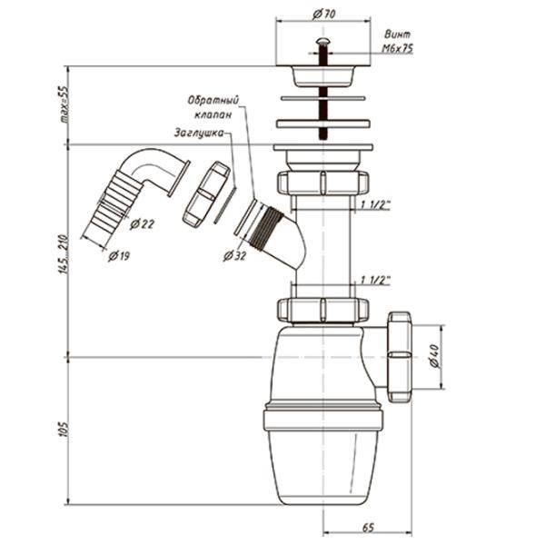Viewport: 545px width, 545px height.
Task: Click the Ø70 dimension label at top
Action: click(323, 15)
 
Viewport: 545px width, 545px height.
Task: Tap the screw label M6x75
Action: click(397, 49)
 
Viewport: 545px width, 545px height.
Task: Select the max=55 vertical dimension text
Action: click(64, 104)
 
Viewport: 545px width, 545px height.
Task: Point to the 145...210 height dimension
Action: click(64, 254)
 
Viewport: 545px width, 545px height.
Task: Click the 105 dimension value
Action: click(64, 430)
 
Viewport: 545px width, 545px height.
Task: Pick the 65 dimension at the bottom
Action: click(368, 528)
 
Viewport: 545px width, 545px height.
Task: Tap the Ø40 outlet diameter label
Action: click(434, 356)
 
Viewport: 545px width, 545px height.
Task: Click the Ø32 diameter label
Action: click(234, 256)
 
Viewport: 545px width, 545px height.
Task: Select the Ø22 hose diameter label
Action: click(142, 224)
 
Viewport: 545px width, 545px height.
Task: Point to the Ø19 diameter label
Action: click(119, 256)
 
